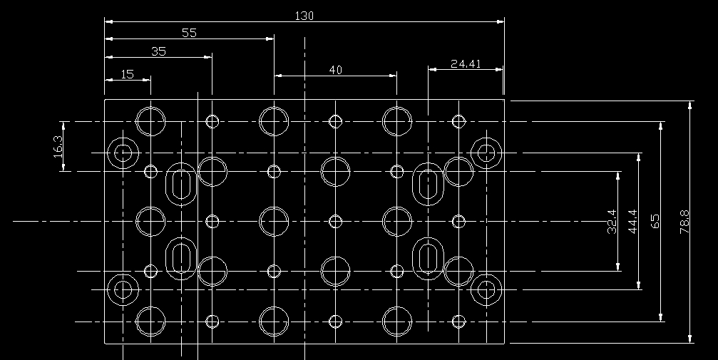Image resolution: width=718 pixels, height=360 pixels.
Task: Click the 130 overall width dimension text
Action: coord(304,15)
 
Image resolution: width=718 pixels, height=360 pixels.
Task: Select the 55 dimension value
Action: coord(189,32)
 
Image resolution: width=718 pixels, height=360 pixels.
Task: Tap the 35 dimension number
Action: coord(158,51)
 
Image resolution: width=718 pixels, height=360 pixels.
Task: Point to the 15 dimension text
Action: coord(128,73)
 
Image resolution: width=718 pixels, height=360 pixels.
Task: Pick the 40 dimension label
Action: coord(335,69)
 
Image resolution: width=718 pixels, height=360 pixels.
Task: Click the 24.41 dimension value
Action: coord(466,63)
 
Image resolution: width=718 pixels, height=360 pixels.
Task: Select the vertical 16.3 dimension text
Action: coord(58,147)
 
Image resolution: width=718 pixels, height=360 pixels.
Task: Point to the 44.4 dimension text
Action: coord(632,222)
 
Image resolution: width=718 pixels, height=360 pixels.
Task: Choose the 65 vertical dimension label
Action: coord(655,221)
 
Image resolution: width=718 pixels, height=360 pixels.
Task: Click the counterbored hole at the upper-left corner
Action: coord(123,152)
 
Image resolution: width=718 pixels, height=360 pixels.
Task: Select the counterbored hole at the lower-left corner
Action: coord(123,290)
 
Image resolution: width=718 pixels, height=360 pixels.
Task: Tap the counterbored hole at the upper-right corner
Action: coord(487,152)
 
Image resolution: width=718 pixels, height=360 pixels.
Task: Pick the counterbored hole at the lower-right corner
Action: coord(487,290)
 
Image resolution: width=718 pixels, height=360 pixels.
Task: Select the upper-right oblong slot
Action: coord(429,184)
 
